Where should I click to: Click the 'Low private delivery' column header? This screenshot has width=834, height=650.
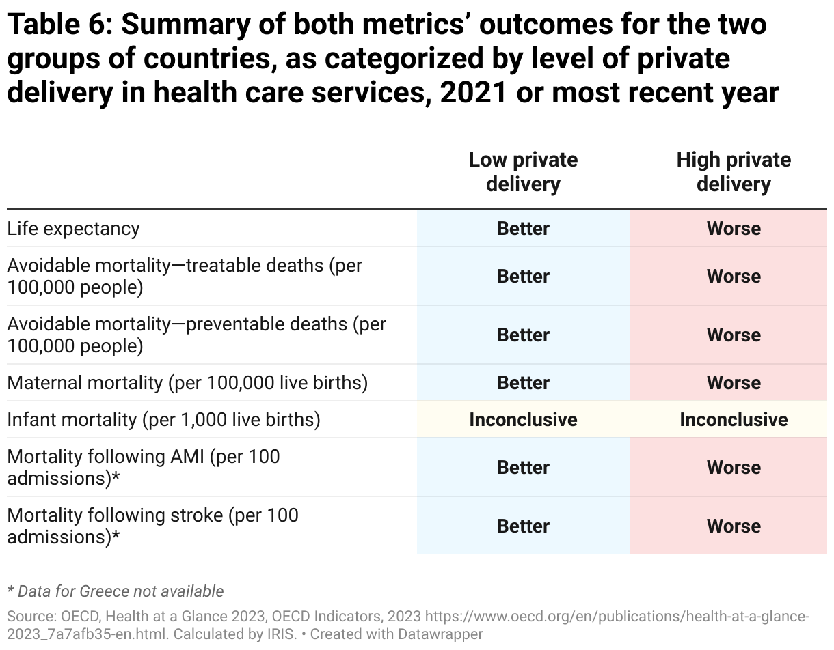(523, 172)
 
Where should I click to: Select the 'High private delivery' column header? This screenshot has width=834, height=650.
(734, 172)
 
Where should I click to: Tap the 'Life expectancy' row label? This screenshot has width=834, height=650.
(73, 229)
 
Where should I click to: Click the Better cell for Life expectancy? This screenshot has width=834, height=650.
(523, 229)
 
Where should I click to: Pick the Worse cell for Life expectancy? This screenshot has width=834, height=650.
(734, 229)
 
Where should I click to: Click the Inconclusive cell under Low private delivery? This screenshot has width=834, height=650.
(523, 419)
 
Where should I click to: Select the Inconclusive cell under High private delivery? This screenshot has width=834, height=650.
(734, 419)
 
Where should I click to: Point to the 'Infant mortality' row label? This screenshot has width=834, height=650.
(163, 419)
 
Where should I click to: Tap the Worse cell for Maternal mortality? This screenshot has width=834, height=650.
(734, 382)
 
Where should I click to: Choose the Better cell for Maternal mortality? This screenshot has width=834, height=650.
(523, 382)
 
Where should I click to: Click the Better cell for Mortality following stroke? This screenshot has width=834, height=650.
(523, 526)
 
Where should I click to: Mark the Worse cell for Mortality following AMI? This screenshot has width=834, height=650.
(734, 468)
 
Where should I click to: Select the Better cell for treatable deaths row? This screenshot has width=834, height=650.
(523, 277)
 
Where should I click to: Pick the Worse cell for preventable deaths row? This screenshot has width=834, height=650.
(734, 335)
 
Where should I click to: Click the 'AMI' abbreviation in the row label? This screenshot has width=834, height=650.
(185, 456)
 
